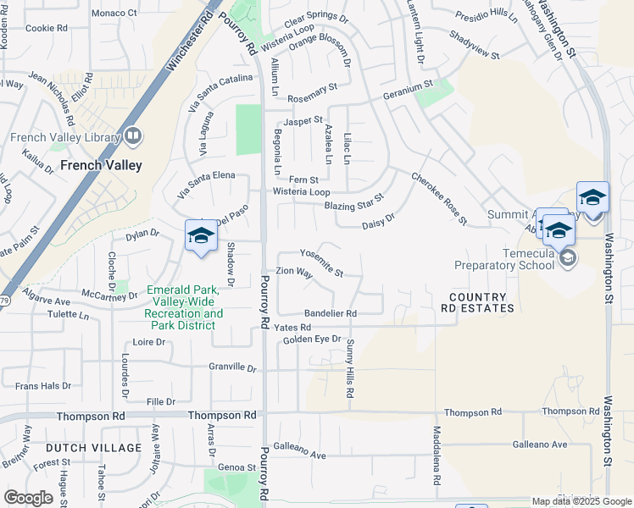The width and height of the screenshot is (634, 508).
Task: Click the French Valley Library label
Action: pos(65,138)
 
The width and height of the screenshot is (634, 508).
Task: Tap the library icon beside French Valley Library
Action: pos(133,135)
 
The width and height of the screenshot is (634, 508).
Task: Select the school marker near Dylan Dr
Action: pos(201,237)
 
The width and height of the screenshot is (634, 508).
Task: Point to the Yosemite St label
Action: pos(321,263)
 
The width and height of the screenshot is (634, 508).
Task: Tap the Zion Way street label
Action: pos(294,274)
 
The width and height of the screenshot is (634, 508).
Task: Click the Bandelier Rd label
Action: pos(330,313)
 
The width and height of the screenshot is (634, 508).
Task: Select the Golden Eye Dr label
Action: pos(311,340)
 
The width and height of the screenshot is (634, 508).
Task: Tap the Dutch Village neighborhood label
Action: pos(93,448)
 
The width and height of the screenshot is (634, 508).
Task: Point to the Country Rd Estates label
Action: pos(481,302)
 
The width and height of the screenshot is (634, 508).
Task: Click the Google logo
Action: pos(28,498)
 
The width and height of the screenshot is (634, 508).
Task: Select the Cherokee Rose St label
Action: pos(439,199)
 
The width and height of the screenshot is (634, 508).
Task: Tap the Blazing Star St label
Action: pos(353,201)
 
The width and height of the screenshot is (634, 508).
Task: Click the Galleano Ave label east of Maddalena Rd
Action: pos(539,444)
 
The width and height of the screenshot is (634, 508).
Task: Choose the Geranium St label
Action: pos(407,85)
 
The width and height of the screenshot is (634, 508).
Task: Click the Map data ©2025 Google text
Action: pos(581,501)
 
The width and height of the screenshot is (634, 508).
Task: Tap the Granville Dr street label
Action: pos(232,367)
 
